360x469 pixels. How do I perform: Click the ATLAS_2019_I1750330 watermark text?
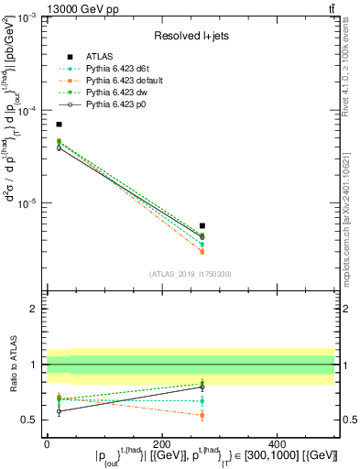(x=191, y=273)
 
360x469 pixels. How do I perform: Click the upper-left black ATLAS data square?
(x=59, y=124)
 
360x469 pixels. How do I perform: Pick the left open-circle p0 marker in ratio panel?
(x=59, y=411)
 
